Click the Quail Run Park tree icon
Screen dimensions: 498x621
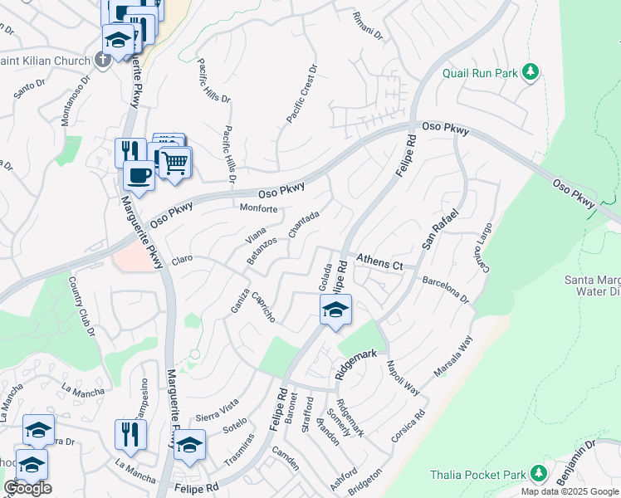[x=531, y=73]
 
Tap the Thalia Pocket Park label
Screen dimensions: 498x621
[x=477, y=475]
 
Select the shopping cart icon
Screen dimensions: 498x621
[x=174, y=164]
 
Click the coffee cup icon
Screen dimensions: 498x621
[x=139, y=176]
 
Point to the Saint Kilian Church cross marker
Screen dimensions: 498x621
[x=102, y=59]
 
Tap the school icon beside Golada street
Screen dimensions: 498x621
[x=335, y=310]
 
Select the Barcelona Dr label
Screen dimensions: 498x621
[x=446, y=290]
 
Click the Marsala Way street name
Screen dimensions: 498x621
[x=456, y=354]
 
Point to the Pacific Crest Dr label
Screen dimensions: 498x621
[x=302, y=95]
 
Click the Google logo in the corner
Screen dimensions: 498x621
[x=27, y=488]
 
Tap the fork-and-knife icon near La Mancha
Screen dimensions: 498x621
[x=130, y=433]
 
